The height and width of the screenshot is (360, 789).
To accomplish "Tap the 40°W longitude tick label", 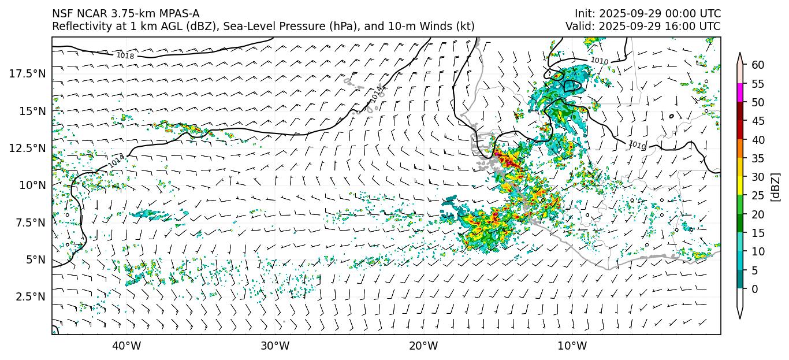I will pos(126,346).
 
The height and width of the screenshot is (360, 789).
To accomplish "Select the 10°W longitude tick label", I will pos(572,346).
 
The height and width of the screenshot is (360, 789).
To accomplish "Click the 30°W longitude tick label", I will pos(275,346).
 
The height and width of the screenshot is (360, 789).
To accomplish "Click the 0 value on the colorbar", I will pos(754,289).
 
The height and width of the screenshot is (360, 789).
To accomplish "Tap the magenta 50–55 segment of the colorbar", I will pos(740,93).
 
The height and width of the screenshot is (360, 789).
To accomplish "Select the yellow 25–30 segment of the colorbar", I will pos(740,186).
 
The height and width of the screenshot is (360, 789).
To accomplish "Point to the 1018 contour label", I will pos(125,56).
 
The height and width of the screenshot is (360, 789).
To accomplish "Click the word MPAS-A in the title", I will pos(177,13).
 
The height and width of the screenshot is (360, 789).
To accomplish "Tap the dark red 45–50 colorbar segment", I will pos(740,112).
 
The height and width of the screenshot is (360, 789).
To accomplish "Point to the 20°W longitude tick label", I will pos(423,346).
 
